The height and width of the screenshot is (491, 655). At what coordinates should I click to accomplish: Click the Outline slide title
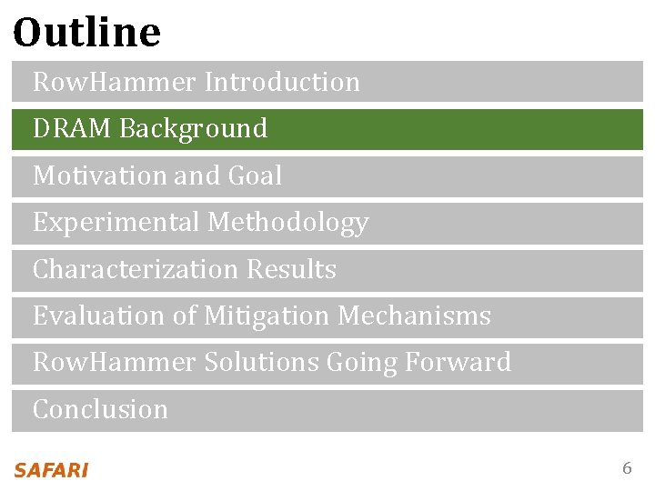click(x=86, y=33)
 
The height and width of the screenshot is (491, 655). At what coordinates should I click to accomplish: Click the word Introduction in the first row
click(x=282, y=82)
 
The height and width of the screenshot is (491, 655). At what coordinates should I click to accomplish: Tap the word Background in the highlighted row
click(x=193, y=129)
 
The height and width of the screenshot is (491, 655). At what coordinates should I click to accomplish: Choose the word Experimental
click(x=116, y=223)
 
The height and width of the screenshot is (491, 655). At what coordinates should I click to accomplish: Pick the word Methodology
click(x=288, y=223)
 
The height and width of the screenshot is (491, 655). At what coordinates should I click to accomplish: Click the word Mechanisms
click(x=414, y=316)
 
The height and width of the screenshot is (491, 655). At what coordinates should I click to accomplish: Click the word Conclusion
click(x=100, y=410)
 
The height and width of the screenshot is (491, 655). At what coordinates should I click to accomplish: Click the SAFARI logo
click(x=51, y=470)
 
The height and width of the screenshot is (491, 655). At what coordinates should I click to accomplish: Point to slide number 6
click(x=626, y=469)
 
